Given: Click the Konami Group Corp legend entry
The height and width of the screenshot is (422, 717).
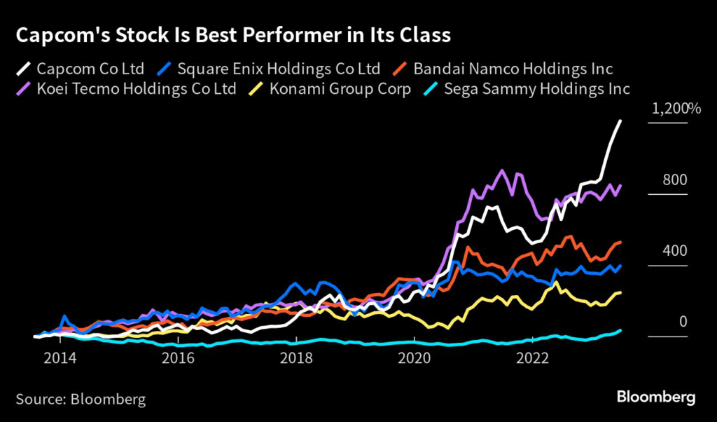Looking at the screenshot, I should tap(337, 89).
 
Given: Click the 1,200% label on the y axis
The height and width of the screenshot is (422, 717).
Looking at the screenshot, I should tap(676, 109).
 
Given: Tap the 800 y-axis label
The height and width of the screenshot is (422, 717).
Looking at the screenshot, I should tap(676, 180).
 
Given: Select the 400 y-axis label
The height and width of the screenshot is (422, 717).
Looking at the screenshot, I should tap(676, 251).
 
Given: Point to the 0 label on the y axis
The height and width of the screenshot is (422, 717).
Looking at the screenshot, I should tap(683, 322).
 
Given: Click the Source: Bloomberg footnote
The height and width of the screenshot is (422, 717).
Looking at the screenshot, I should tap(81, 400).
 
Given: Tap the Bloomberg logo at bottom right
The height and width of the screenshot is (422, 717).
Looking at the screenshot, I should tap(656, 397).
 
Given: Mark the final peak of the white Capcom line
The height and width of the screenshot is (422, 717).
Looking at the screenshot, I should tap(620, 121).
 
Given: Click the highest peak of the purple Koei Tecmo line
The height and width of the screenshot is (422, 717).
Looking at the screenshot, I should tap(501, 170).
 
